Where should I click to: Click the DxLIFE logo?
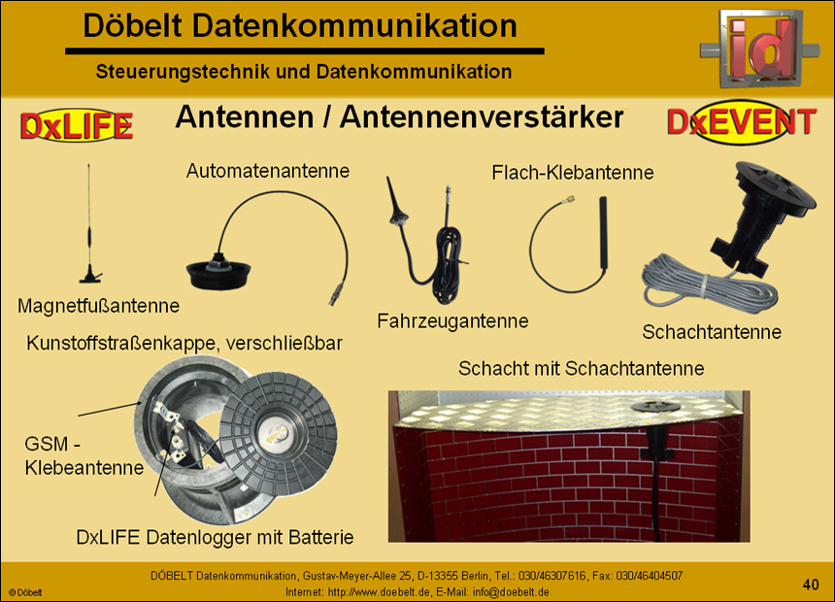point(76,125)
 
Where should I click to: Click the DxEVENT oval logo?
point(742,121)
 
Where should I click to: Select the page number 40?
point(811,584)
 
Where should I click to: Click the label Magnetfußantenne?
point(98,306)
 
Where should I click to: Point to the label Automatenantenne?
point(267,172)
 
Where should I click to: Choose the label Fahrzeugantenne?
point(452,320)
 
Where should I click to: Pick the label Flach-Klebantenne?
point(572,173)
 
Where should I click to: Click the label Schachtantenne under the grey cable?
point(712,332)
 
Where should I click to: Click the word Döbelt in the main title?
point(137,26)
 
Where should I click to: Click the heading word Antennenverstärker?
point(482,118)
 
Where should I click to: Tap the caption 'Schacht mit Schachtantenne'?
point(581,369)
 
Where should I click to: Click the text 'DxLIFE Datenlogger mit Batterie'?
point(215,537)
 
